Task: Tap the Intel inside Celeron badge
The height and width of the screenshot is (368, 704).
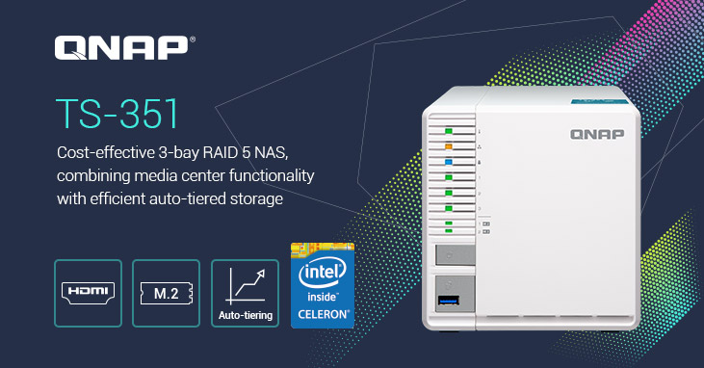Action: coord(322,284)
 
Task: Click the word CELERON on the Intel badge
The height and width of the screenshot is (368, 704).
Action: coord(323,312)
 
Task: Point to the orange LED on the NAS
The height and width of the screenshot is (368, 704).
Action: coord(449,146)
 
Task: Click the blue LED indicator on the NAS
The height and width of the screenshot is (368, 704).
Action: coord(449,163)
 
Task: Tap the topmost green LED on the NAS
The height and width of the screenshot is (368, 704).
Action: coord(449,129)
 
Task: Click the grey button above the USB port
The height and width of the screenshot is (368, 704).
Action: coord(456,255)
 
